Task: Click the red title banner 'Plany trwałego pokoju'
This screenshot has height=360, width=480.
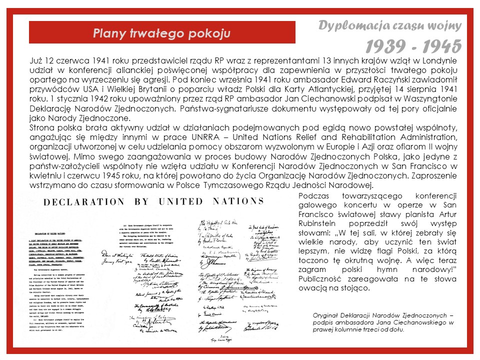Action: point(161,33)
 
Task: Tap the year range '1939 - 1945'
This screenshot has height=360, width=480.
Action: point(412,46)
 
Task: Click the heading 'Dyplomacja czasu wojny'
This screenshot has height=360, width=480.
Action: point(389,25)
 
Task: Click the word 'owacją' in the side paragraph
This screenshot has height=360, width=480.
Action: point(312,288)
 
